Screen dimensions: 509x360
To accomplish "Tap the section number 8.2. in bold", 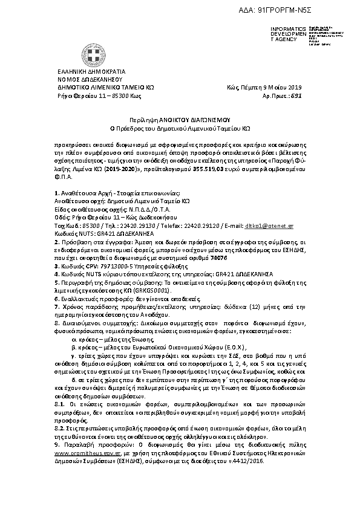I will click(59, 427).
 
